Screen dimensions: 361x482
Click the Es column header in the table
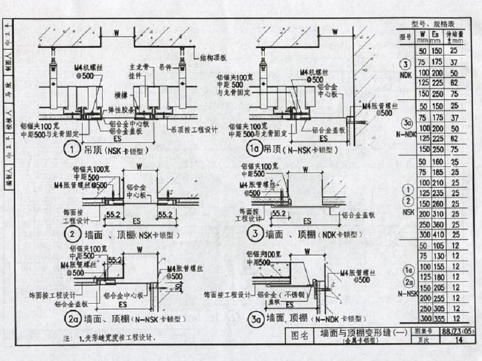[x=436, y=35]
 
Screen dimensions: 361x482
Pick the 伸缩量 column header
[x=454, y=35]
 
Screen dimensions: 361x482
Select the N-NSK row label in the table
[x=407, y=292]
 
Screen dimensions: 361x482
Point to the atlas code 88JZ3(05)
[x=455, y=330]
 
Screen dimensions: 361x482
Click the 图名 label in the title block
[x=299, y=335]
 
